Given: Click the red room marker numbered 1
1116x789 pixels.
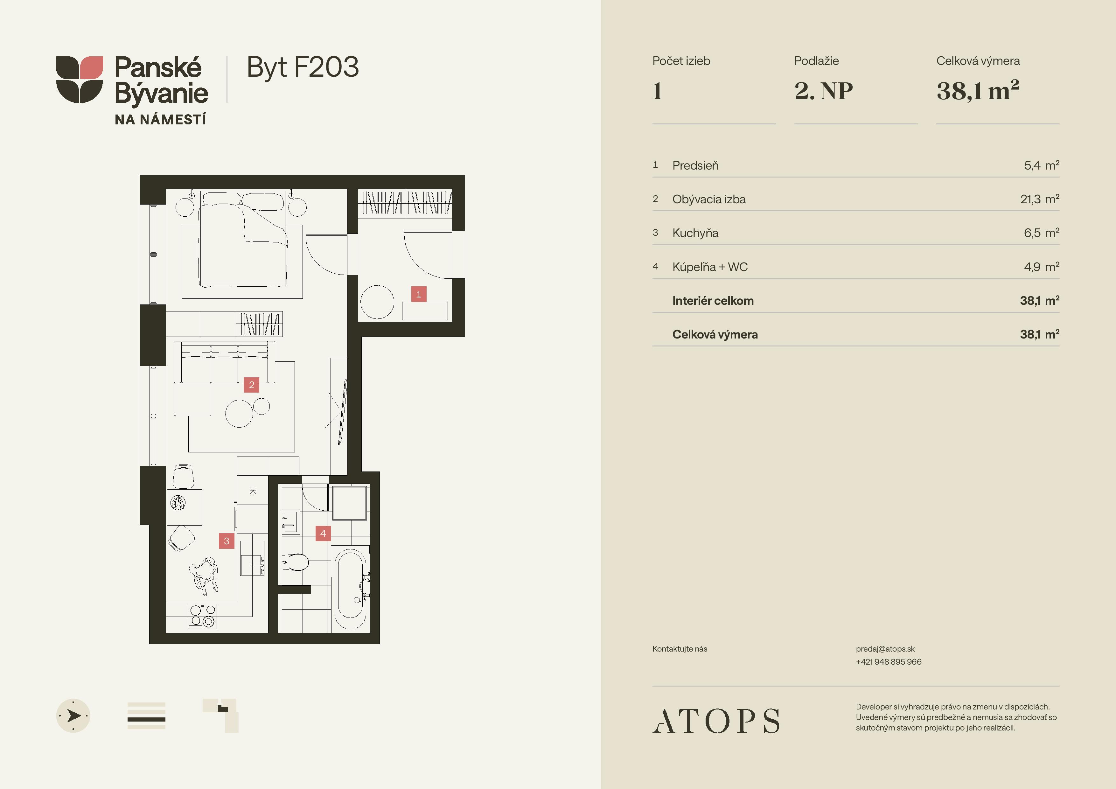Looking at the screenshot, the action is [x=419, y=294].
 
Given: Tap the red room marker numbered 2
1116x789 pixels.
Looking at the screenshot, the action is [x=251, y=385].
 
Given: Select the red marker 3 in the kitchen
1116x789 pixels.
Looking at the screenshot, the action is [x=227, y=541].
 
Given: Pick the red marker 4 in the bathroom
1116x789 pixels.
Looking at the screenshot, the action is [x=323, y=533].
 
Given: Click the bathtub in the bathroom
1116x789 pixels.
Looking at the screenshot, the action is [x=350, y=589].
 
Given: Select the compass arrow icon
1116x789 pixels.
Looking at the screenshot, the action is [x=73, y=716].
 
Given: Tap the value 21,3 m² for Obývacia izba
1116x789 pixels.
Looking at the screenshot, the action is [x=1040, y=199].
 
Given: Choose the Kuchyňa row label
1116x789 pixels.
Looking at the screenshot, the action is [x=695, y=233].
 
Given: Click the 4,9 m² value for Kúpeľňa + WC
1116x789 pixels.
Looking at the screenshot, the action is [x=1042, y=266].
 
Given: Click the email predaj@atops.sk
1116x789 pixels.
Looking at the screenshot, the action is [x=885, y=649].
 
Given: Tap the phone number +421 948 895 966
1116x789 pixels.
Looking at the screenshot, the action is [x=889, y=662].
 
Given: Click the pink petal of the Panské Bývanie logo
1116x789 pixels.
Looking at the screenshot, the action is [x=91, y=67].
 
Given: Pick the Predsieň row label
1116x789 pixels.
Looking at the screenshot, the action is [x=695, y=165].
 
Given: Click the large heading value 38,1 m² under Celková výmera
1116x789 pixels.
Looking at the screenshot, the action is [x=978, y=90].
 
